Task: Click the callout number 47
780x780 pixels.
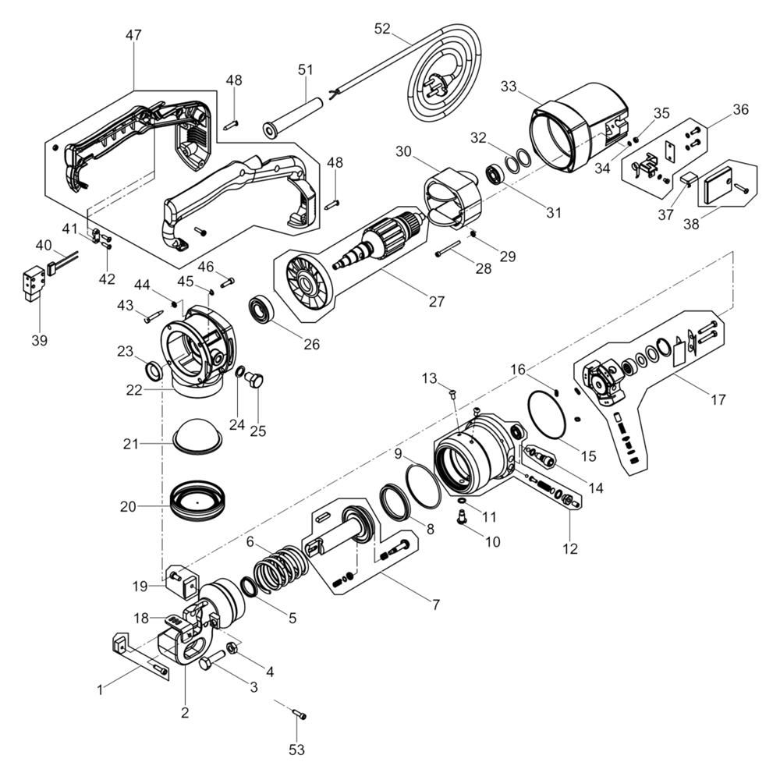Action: (x=133, y=35)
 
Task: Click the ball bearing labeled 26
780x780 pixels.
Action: (x=261, y=311)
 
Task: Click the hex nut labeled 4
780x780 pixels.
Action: (x=232, y=648)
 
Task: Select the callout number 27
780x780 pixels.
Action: (x=436, y=301)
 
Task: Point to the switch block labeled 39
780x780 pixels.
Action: (x=34, y=285)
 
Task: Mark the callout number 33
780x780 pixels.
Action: (x=509, y=87)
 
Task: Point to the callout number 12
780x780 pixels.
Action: (x=570, y=548)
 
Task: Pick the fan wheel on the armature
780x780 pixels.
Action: (x=306, y=281)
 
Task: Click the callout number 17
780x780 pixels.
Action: (x=718, y=399)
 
